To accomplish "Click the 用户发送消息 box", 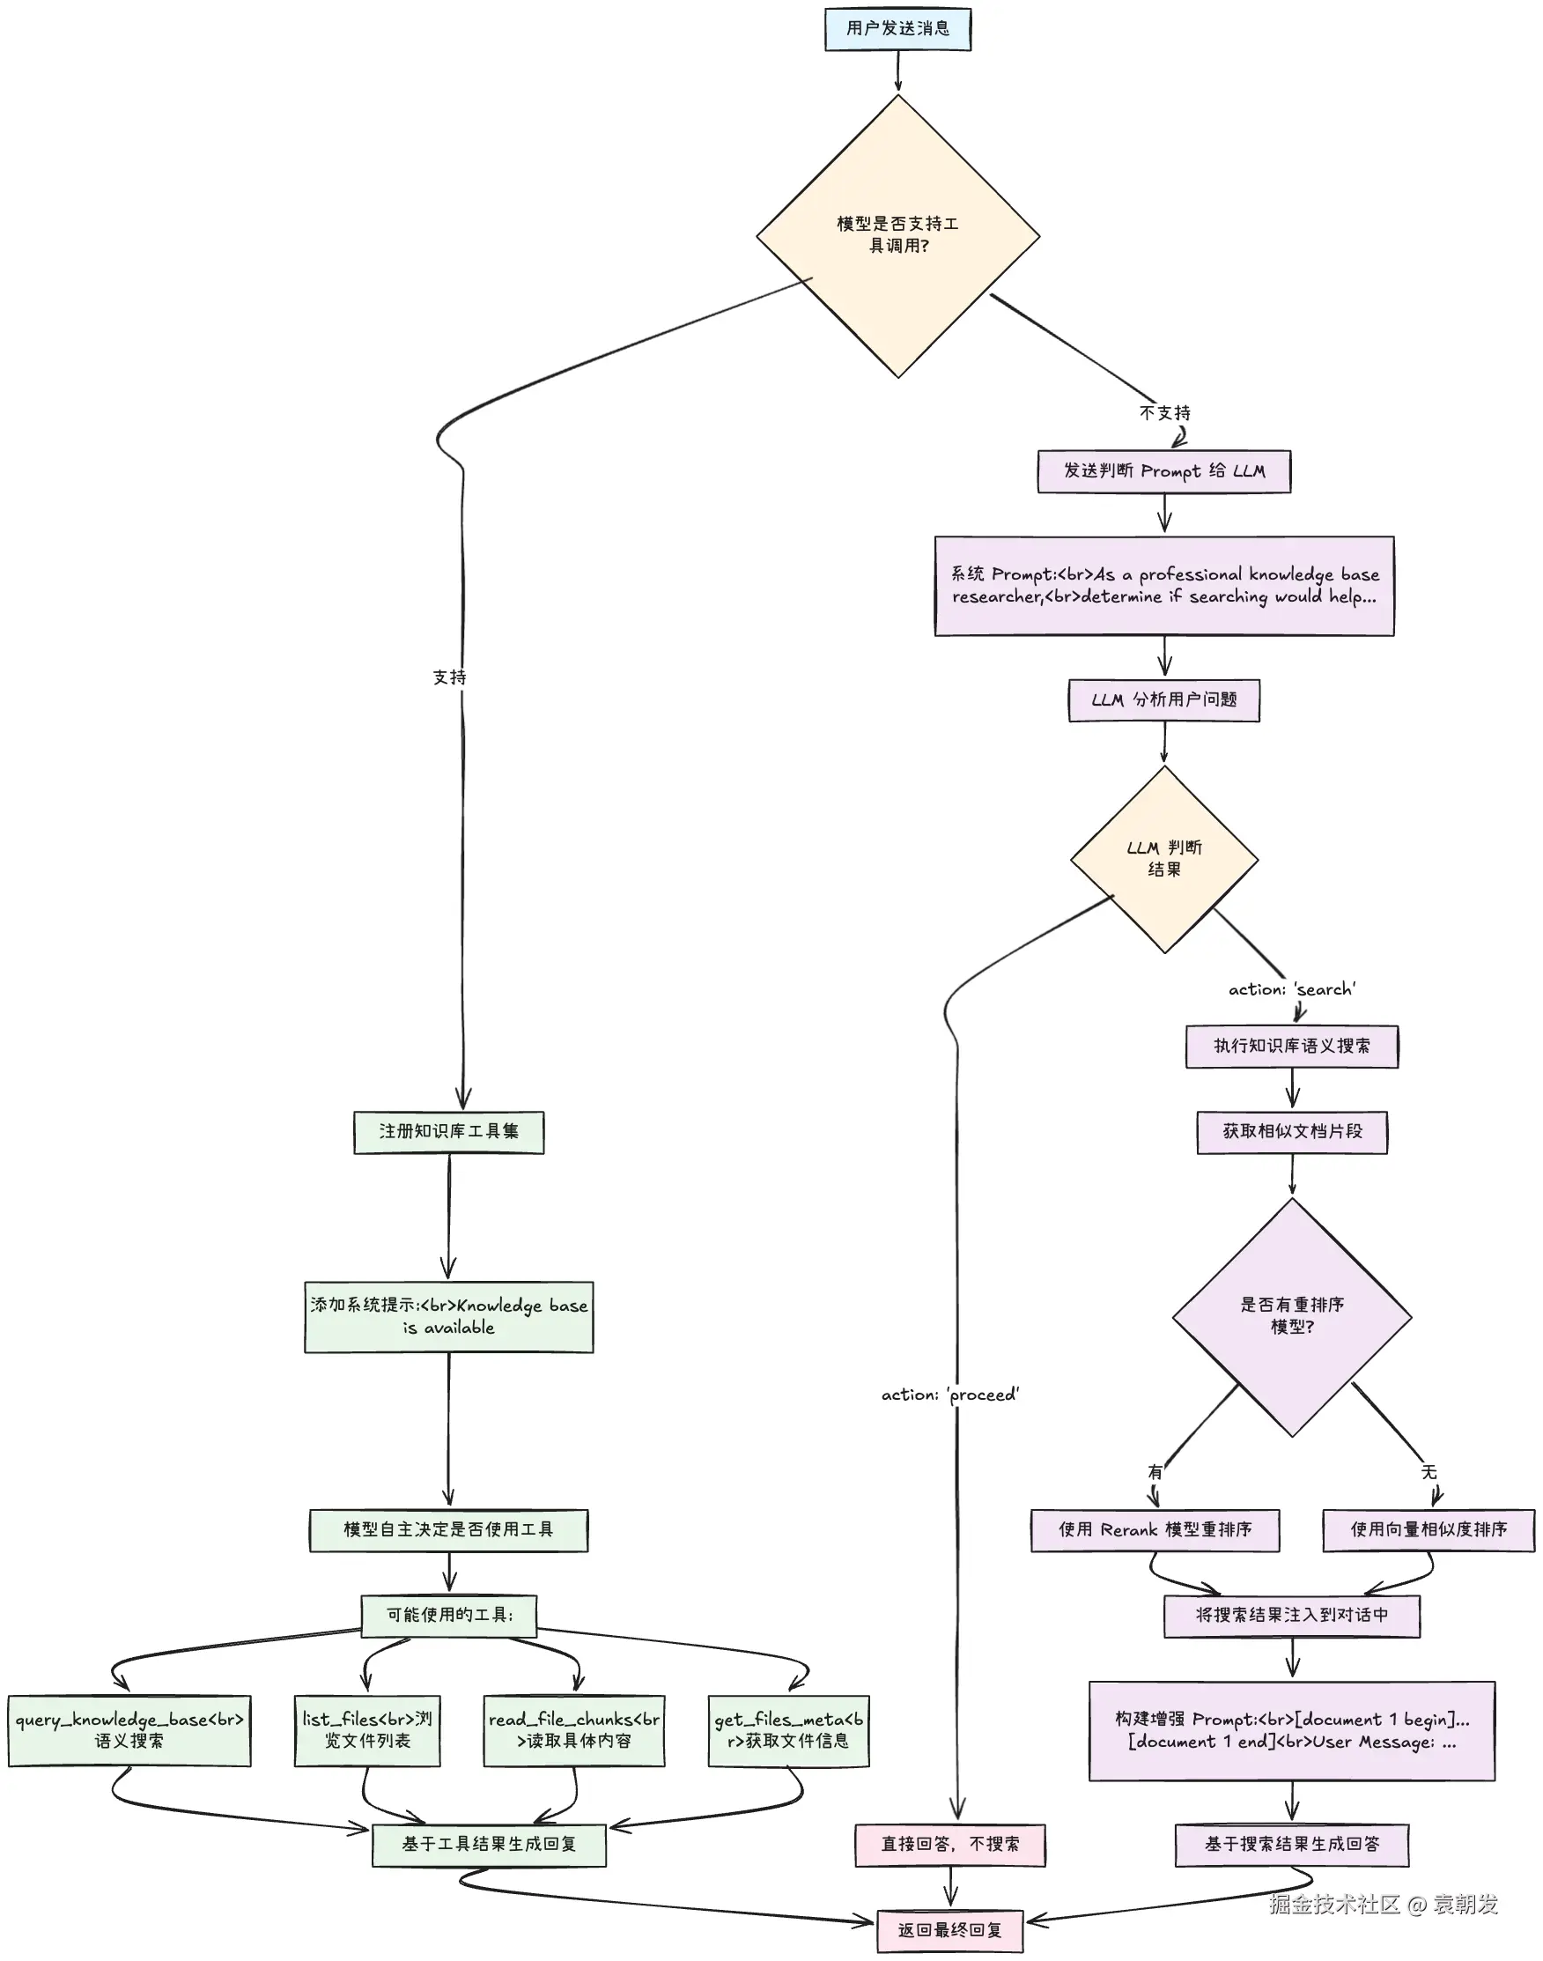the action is pos(897,28).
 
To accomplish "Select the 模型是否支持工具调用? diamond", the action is pos(898,236).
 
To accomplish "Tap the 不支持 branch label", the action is pos(1164,413).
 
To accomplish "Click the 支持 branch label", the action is pos(449,677).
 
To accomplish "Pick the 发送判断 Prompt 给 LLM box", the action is pos(1163,470).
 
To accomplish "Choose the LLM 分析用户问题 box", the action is pos(1163,699).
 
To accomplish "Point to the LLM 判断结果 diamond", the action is pos(1164,859).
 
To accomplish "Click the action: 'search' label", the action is pos(1292,989).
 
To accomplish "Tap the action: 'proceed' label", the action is pos(950,1395).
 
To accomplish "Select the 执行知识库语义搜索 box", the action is pos(1292,1047).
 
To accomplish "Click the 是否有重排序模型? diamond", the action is pos(1292,1317).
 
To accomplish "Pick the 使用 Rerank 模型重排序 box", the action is pos(1155,1530).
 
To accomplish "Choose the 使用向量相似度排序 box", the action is pos(1429,1530).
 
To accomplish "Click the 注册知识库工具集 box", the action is pos(449,1132).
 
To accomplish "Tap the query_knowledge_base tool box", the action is pos(129,1730).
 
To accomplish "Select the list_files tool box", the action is pos(366,1730).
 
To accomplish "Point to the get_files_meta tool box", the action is pos(788,1730).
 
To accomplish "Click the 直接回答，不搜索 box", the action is pos(950,1845).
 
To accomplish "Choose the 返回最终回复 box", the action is pos(950,1930).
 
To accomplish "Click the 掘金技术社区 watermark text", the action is pos(1334,1904).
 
